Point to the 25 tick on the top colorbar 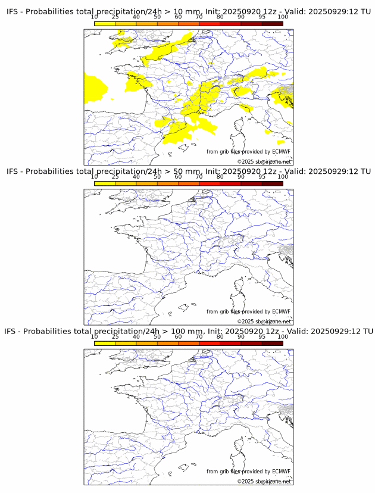[x=115, y=17]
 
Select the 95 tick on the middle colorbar [x=262, y=177]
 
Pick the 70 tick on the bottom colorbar [x=199, y=337]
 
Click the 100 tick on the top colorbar [x=283, y=17]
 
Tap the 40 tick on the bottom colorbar [x=136, y=337]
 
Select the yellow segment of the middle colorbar [x=105, y=183]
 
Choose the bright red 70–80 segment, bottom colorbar [x=210, y=343]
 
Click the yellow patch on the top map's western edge [x=94, y=88]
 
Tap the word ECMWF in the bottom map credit [x=281, y=472]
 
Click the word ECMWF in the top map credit [x=281, y=152]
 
